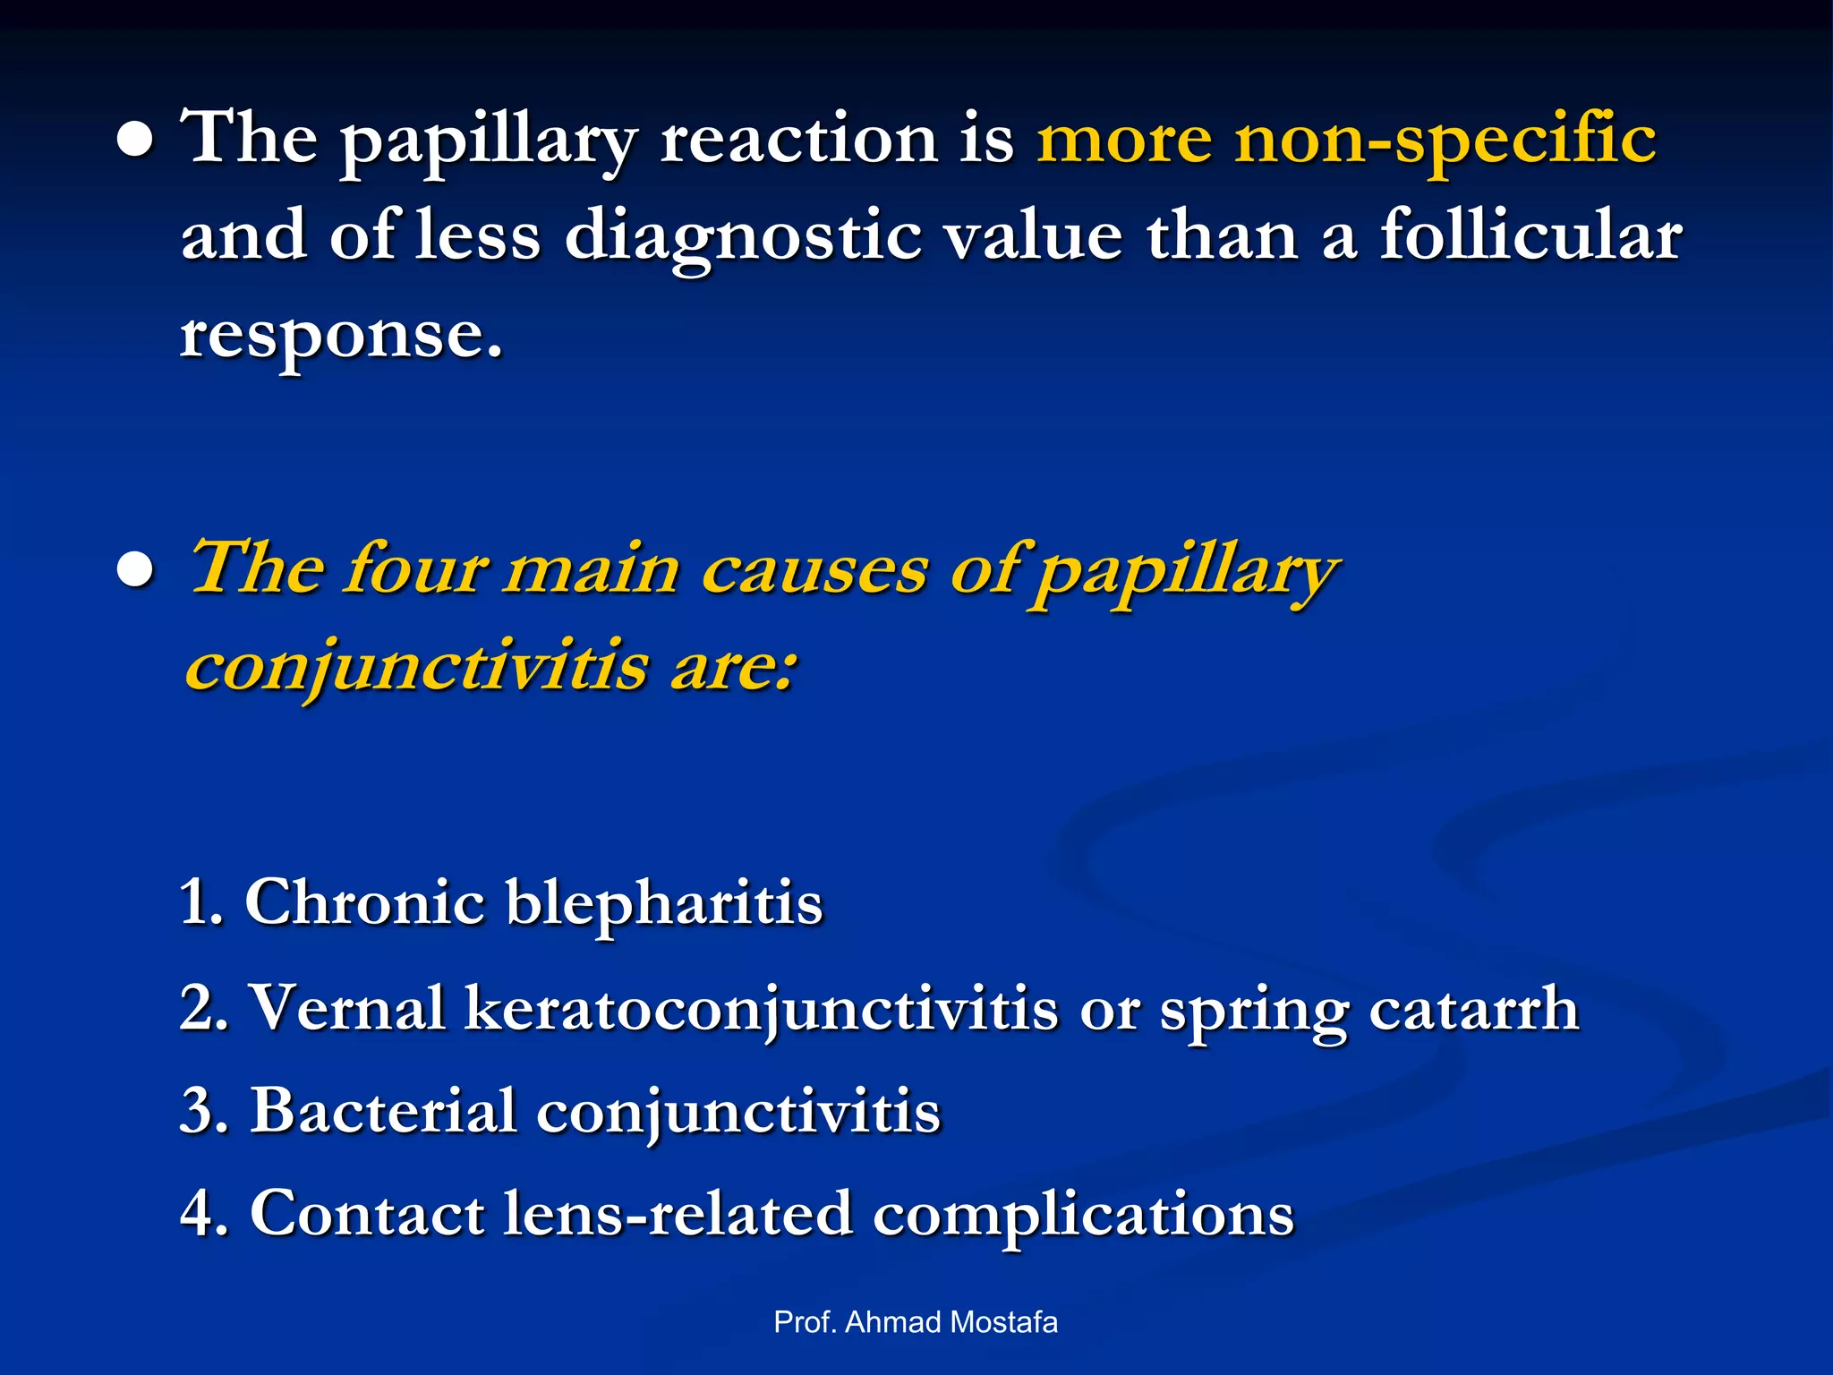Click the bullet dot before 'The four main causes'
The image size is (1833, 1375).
[135, 573]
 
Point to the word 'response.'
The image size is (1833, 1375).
[341, 337]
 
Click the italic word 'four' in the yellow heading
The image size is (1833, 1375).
[416, 569]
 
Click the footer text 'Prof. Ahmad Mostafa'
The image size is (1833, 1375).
[916, 1322]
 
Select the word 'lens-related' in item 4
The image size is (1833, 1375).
[678, 1214]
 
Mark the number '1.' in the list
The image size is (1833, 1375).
[201, 902]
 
